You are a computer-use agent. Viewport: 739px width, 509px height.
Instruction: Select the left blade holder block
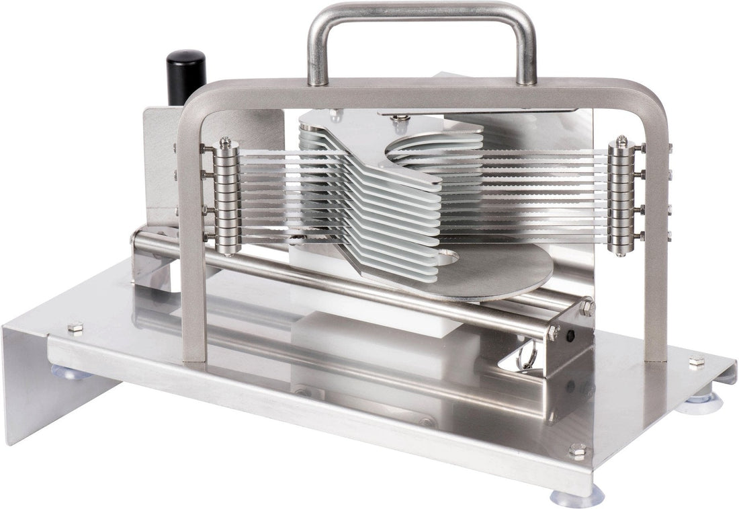coord(226,195)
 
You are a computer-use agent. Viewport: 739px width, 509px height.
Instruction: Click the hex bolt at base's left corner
coord(75,327)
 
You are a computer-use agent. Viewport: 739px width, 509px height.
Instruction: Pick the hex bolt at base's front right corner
coord(577,451)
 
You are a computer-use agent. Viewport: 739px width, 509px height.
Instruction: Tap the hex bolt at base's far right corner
coord(697,362)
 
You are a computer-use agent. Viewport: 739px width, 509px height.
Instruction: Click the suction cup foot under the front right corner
coord(576,497)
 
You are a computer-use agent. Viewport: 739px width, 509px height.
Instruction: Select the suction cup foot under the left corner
coord(70,372)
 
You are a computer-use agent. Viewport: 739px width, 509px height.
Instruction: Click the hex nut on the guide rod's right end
coord(587,307)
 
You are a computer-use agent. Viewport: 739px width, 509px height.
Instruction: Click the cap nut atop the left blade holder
coord(225,142)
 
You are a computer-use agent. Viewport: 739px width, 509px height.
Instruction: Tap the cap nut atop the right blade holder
coord(623,141)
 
